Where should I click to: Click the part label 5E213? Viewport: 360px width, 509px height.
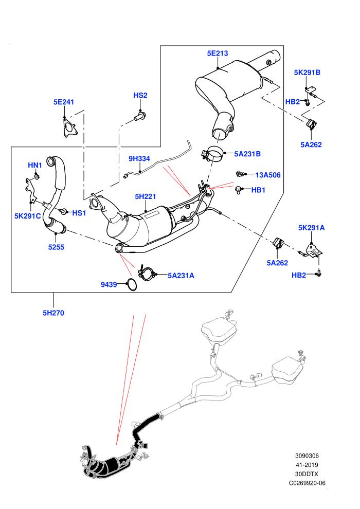point(218,53)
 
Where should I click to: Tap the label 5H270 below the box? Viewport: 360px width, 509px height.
point(53,313)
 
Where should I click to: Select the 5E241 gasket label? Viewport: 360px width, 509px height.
point(64,102)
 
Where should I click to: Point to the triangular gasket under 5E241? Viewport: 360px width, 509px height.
point(69,128)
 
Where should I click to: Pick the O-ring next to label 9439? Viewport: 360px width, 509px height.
point(132,285)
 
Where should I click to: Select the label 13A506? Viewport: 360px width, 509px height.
point(268,175)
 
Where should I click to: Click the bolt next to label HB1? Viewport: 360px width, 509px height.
point(238,190)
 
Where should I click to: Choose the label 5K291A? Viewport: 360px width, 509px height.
point(311,228)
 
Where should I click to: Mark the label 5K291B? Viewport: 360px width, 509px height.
point(307,72)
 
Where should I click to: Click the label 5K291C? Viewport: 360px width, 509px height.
point(28,216)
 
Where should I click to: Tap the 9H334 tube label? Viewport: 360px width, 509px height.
point(139,158)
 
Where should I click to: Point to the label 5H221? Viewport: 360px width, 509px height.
point(146,196)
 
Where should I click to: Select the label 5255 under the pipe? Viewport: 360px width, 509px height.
point(56,247)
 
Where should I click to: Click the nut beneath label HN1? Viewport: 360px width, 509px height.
point(37,176)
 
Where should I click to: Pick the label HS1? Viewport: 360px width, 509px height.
point(79,213)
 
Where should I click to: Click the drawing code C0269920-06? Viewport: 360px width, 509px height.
point(307,483)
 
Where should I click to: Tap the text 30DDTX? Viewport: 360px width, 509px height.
point(307,474)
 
